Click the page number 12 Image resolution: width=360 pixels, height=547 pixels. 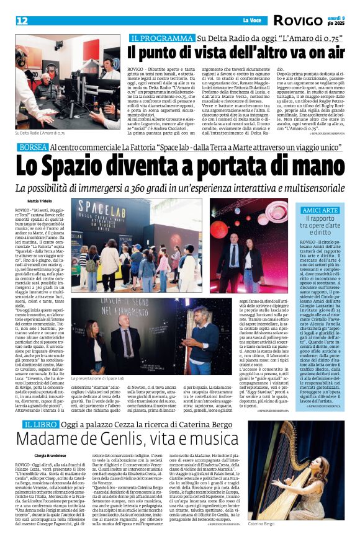(x=22, y=21)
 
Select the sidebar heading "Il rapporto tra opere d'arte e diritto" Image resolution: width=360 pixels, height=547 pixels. (x=320, y=227)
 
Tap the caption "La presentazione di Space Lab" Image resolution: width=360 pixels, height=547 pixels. (x=98, y=395)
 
